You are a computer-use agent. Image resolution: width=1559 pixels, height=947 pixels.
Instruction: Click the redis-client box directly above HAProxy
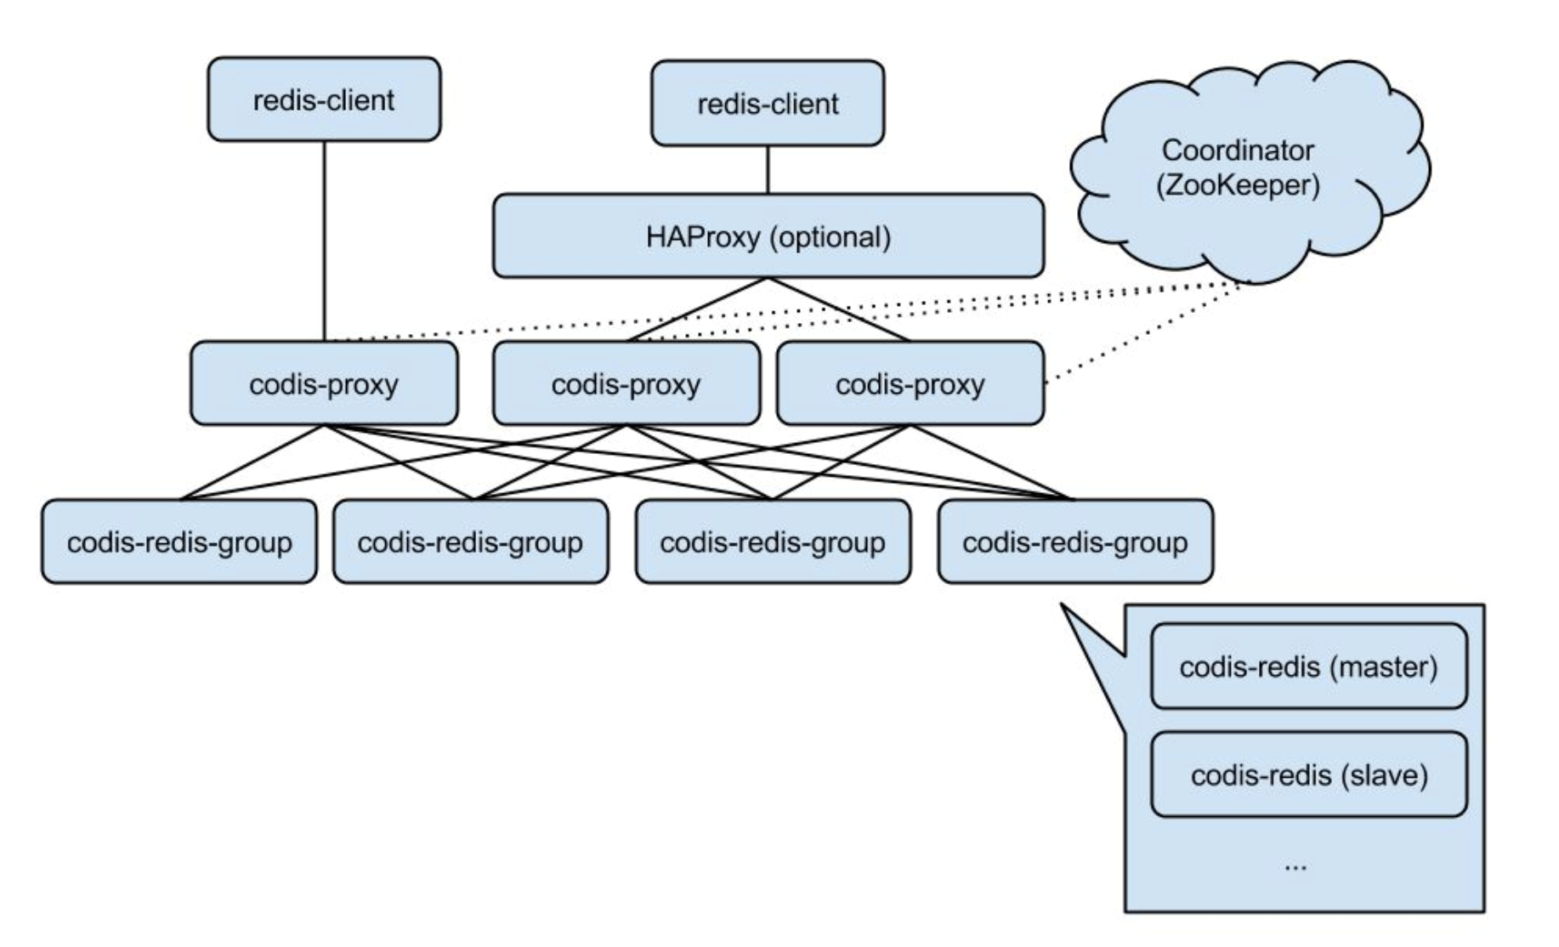768,104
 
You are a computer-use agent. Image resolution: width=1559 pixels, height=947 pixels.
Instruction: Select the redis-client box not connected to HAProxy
324,99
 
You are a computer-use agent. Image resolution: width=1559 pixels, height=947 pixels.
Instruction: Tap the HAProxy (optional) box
768,236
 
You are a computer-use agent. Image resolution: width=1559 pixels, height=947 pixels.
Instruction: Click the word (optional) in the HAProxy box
831,236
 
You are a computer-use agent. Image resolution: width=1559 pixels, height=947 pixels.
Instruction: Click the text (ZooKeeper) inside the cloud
1239,185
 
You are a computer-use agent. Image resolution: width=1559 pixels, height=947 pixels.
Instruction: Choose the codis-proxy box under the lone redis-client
324,383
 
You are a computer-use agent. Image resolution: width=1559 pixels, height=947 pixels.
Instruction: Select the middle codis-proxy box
626,383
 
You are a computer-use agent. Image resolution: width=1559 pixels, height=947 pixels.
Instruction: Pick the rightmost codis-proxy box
910,383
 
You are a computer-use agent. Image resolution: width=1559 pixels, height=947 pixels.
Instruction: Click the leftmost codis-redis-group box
179,542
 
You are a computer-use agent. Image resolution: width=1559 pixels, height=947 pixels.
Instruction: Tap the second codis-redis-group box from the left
470,542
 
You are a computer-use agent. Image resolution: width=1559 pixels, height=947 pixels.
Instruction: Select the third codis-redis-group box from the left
773,542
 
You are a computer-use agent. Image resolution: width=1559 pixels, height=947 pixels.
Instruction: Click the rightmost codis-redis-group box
1075,542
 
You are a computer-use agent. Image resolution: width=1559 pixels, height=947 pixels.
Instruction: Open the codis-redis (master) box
1308,666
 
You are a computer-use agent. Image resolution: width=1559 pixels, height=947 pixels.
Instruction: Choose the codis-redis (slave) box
1308,774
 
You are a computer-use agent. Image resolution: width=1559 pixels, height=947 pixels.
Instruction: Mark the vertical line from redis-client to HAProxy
768,170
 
